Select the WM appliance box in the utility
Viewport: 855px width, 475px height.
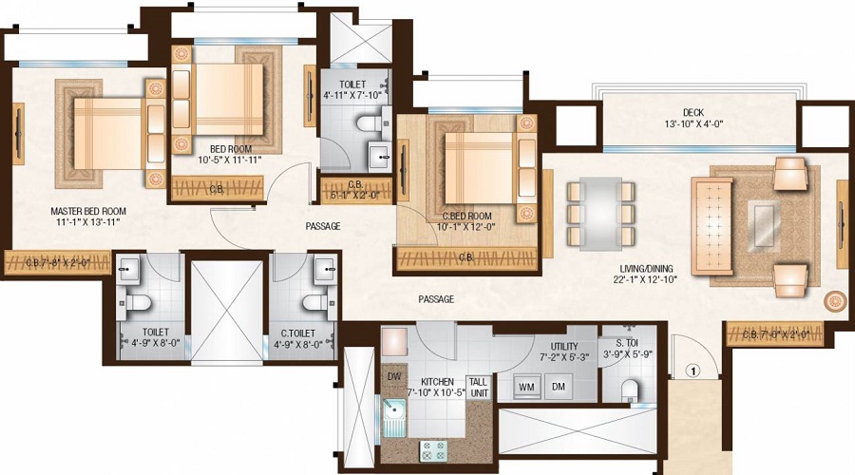[x=528, y=387]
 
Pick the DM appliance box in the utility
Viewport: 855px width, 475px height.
[x=560, y=387]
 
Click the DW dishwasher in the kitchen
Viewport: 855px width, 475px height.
[x=393, y=376]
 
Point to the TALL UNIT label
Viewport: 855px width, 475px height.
[x=478, y=387]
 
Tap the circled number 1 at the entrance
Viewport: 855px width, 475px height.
[x=694, y=371]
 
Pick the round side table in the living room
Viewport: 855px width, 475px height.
[x=836, y=301]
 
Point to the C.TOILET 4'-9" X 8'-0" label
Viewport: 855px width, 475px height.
[x=303, y=337]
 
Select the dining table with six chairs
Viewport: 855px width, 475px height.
[x=600, y=212]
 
